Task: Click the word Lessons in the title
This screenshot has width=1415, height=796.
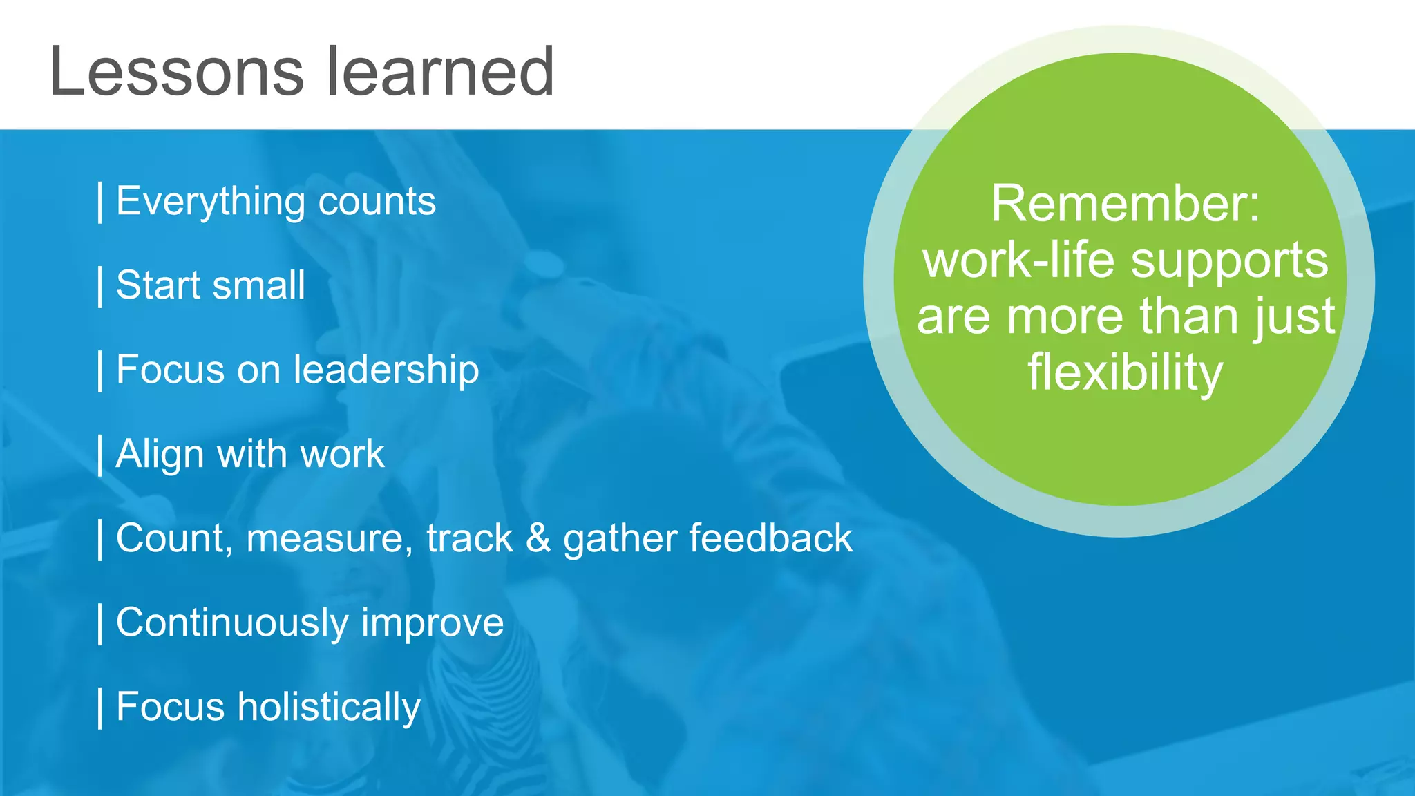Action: [x=177, y=72]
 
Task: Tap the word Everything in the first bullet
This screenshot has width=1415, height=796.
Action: [x=210, y=202]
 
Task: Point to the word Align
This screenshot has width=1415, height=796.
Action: [x=160, y=455]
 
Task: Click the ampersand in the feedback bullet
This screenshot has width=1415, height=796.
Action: [x=538, y=538]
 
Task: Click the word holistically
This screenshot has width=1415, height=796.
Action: [x=329, y=708]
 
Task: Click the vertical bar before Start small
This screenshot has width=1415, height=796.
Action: [x=101, y=286]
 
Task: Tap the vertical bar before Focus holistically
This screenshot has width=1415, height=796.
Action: [x=101, y=708]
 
